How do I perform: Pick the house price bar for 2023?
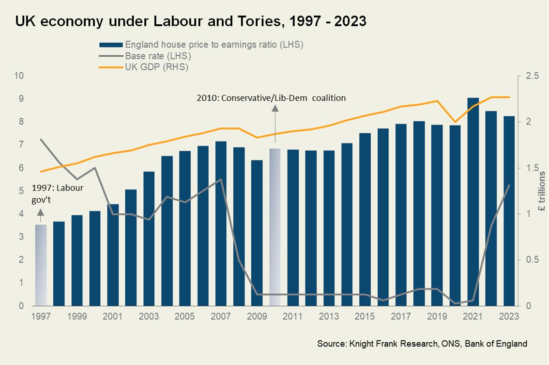click(x=509, y=211)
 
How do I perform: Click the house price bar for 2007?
click(x=221, y=223)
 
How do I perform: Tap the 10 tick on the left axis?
click(x=19, y=76)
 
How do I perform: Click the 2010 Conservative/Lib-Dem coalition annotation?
click(x=271, y=98)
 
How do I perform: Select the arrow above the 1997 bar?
click(x=41, y=213)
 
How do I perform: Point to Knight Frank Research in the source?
click(x=382, y=344)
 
